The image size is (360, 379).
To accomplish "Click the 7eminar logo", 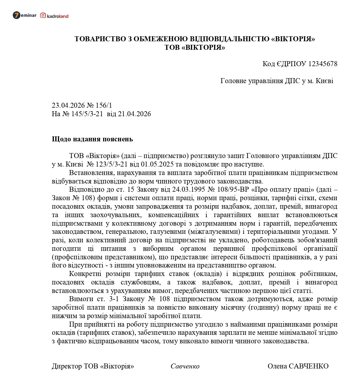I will (x=25, y=15).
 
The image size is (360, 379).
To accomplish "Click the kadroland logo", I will (x=54, y=16).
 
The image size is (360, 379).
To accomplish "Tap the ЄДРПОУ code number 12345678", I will (x=323, y=64).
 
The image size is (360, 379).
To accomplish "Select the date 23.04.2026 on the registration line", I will (x=68, y=105).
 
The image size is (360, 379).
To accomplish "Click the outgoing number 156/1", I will (x=104, y=105).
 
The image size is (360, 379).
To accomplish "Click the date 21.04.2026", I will (x=134, y=114).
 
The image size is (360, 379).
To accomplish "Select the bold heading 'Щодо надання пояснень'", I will (x=92, y=139).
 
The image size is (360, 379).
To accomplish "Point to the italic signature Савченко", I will (x=185, y=366).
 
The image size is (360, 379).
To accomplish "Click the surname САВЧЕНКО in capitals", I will (x=309, y=366).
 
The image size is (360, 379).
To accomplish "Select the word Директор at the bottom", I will (x=67, y=366).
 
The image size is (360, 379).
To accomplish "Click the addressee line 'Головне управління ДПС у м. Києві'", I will (x=277, y=81).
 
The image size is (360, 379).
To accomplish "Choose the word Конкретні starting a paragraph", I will (x=85, y=274).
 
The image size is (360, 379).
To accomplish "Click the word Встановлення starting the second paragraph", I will (x=90, y=173).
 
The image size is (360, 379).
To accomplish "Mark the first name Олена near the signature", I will (x=277, y=366).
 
